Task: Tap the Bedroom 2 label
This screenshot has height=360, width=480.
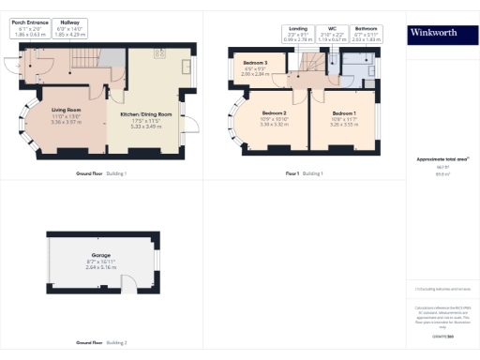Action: (x=272, y=119)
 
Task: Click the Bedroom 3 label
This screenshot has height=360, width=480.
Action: (x=256, y=68)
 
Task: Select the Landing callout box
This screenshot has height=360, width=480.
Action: (x=298, y=33)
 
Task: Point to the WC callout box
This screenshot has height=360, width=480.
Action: (x=332, y=33)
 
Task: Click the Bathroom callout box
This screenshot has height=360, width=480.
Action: (x=366, y=33)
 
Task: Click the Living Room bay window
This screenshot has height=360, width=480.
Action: (x=25, y=131)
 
